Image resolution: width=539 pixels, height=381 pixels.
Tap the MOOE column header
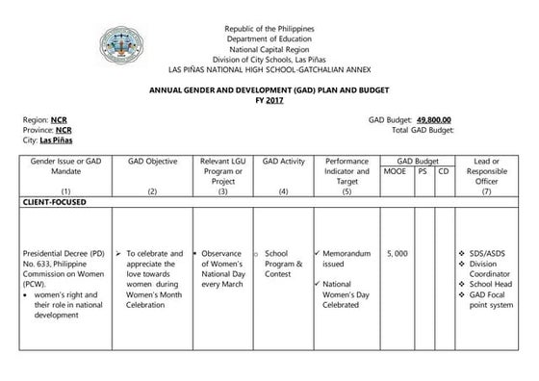pos(395,171)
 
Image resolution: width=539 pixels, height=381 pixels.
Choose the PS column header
pos(423,171)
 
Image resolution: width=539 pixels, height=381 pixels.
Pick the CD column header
pos(443,171)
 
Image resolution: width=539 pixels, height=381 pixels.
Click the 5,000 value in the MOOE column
pos(397,253)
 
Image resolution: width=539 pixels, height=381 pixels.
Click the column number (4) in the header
pos(283,192)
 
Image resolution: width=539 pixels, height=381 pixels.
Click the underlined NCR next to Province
pos(63,130)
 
